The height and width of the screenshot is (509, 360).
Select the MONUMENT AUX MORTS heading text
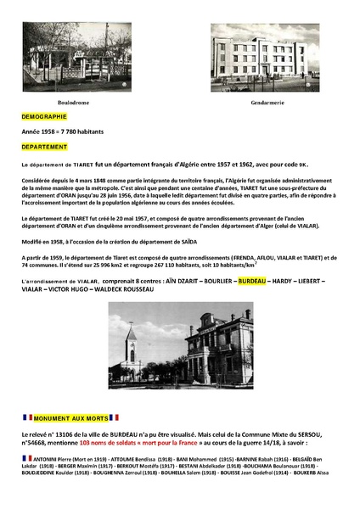(70, 417)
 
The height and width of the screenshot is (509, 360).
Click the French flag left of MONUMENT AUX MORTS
(26, 417)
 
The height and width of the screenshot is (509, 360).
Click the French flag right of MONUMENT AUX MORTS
(114, 417)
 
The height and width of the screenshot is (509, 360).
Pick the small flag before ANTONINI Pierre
(27, 458)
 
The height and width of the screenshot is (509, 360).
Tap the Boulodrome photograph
(77, 56)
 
